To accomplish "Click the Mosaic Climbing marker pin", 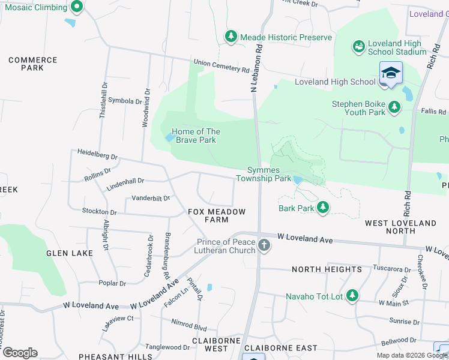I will coord(76,7).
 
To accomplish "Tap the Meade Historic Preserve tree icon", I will coord(231,37).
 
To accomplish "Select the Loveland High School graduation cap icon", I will coord(391,73).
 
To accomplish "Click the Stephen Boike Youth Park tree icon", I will coord(394,107).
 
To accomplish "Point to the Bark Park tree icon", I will coord(323,208).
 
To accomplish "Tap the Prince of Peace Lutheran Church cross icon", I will coord(264,245).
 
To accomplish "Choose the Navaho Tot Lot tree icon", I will coord(352,295).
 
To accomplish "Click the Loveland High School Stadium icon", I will coord(358,46).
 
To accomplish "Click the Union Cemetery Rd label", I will coord(221,65).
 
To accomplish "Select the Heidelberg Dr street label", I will coord(98,154).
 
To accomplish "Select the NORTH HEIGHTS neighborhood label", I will coord(327,269).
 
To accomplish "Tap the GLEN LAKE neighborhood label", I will coord(70,253).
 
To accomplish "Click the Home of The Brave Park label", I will coord(196,136).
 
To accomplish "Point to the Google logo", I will coord(20,353).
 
